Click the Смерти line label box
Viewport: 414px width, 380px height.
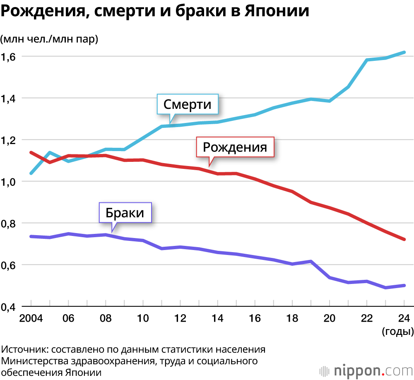(x=188, y=104)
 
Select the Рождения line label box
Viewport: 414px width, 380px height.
(x=235, y=147)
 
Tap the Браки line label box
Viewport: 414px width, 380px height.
(x=125, y=213)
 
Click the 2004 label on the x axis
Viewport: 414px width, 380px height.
(x=31, y=318)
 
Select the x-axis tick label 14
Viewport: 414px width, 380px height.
(x=217, y=318)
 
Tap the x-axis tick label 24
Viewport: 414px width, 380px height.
(x=404, y=318)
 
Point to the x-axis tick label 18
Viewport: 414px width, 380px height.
(x=292, y=318)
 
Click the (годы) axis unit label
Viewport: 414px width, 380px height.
(x=397, y=331)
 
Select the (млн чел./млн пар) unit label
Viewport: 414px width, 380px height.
(x=49, y=39)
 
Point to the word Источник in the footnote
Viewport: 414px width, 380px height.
(x=24, y=349)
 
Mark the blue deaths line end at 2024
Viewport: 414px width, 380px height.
(x=404, y=53)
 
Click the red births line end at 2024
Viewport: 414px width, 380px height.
(x=404, y=239)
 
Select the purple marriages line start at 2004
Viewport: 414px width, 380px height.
(x=31, y=236)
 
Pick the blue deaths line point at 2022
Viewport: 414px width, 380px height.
(x=367, y=60)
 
